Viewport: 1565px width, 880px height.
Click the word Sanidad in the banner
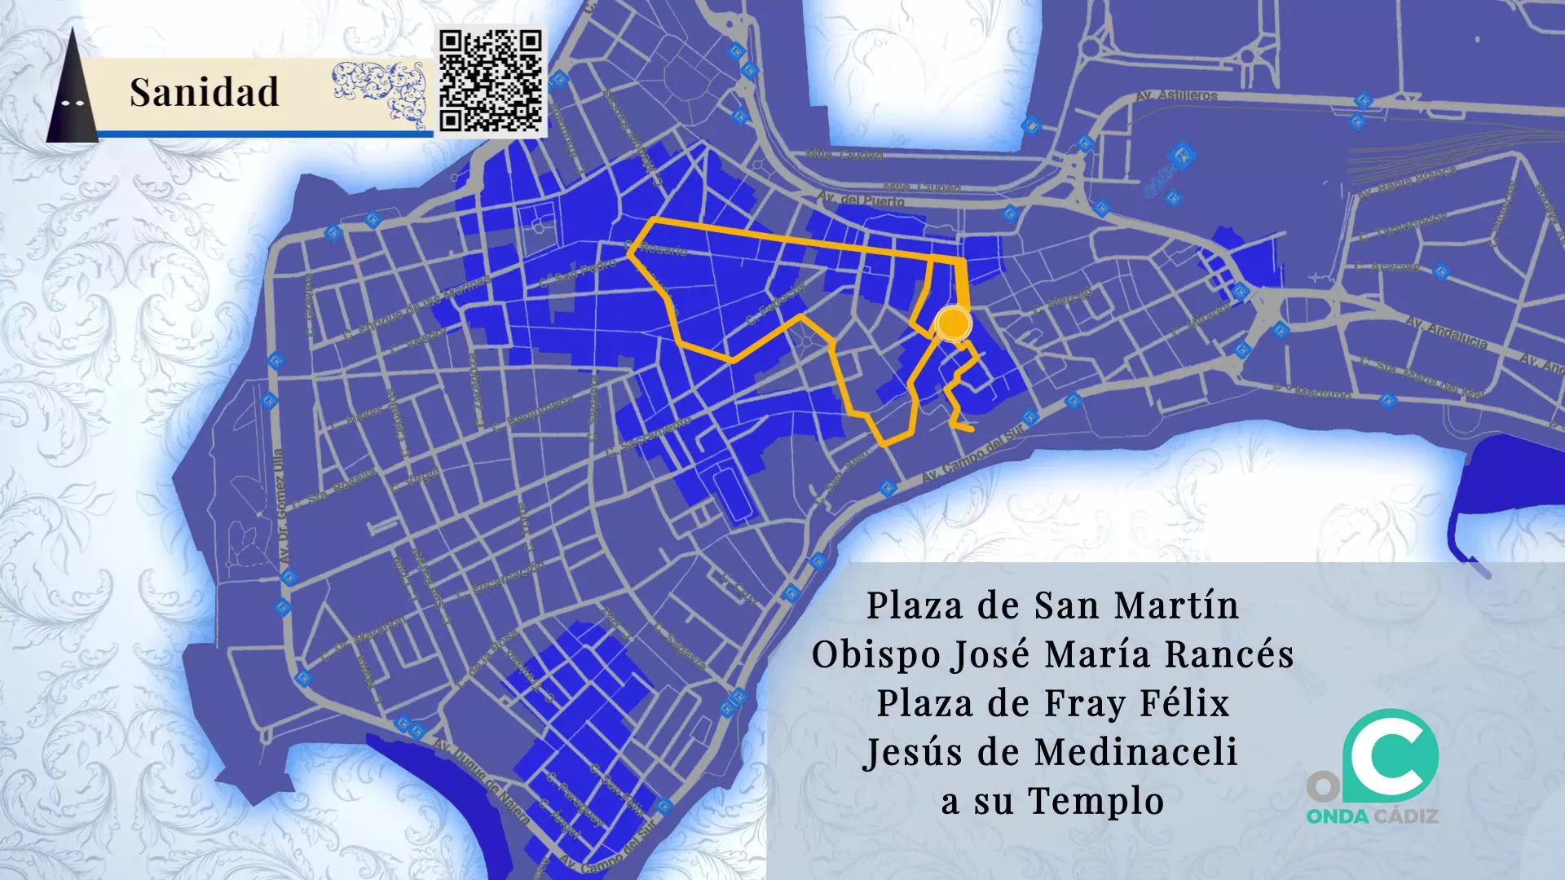(204, 92)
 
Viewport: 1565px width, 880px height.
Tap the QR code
(491, 81)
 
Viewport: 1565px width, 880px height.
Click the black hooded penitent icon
(73, 90)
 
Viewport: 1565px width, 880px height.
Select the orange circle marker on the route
(952, 323)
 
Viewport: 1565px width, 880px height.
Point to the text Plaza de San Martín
(1052, 605)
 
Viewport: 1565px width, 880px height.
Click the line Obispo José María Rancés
(1052, 654)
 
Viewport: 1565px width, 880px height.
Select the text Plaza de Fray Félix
(1052, 703)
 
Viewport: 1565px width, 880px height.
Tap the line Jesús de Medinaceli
(1051, 752)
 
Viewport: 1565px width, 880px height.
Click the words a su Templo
(1052, 801)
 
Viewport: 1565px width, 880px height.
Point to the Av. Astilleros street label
(1176, 95)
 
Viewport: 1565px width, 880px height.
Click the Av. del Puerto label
(861, 200)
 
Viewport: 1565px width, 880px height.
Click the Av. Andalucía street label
(1447, 333)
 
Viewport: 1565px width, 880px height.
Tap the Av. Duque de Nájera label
(481, 781)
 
